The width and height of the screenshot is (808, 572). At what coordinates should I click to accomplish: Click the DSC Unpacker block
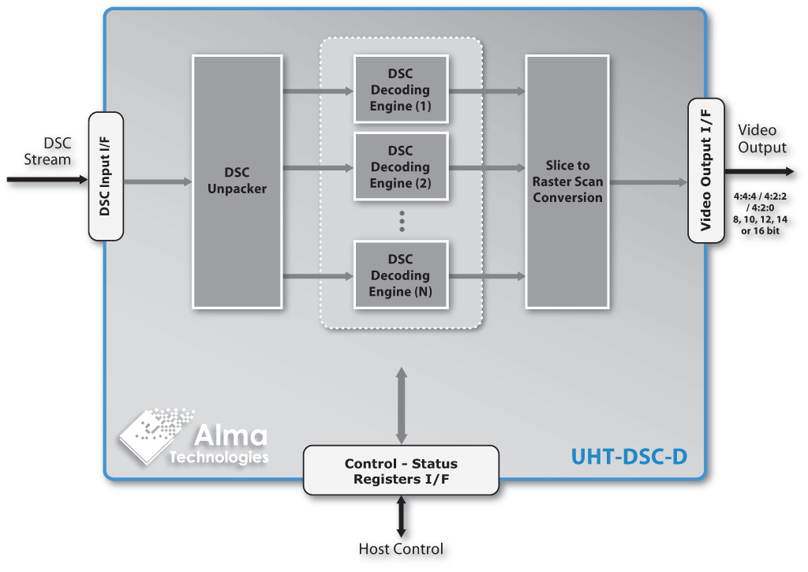pyautogui.click(x=238, y=181)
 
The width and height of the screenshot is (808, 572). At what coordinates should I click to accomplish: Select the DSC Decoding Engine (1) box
pyautogui.click(x=401, y=88)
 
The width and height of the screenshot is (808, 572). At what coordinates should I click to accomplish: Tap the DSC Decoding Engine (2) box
pyautogui.click(x=401, y=166)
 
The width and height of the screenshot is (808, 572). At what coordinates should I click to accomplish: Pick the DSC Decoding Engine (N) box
pyautogui.click(x=401, y=275)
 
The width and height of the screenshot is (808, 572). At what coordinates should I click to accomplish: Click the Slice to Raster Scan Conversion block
pyautogui.click(x=567, y=181)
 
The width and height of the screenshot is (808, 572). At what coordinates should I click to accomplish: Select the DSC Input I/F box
pyautogui.click(x=107, y=176)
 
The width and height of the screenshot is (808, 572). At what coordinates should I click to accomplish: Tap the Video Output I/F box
pyautogui.click(x=706, y=171)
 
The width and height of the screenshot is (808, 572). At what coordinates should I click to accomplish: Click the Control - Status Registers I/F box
pyautogui.click(x=401, y=471)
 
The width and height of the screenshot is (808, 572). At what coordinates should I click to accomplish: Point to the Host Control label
pyautogui.click(x=401, y=549)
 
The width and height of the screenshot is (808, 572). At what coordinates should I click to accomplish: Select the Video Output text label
pyautogui.click(x=761, y=139)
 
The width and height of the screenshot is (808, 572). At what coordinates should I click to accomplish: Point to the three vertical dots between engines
pyautogui.click(x=401, y=221)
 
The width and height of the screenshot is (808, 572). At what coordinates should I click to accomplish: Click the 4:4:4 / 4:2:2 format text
pyautogui.click(x=761, y=197)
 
